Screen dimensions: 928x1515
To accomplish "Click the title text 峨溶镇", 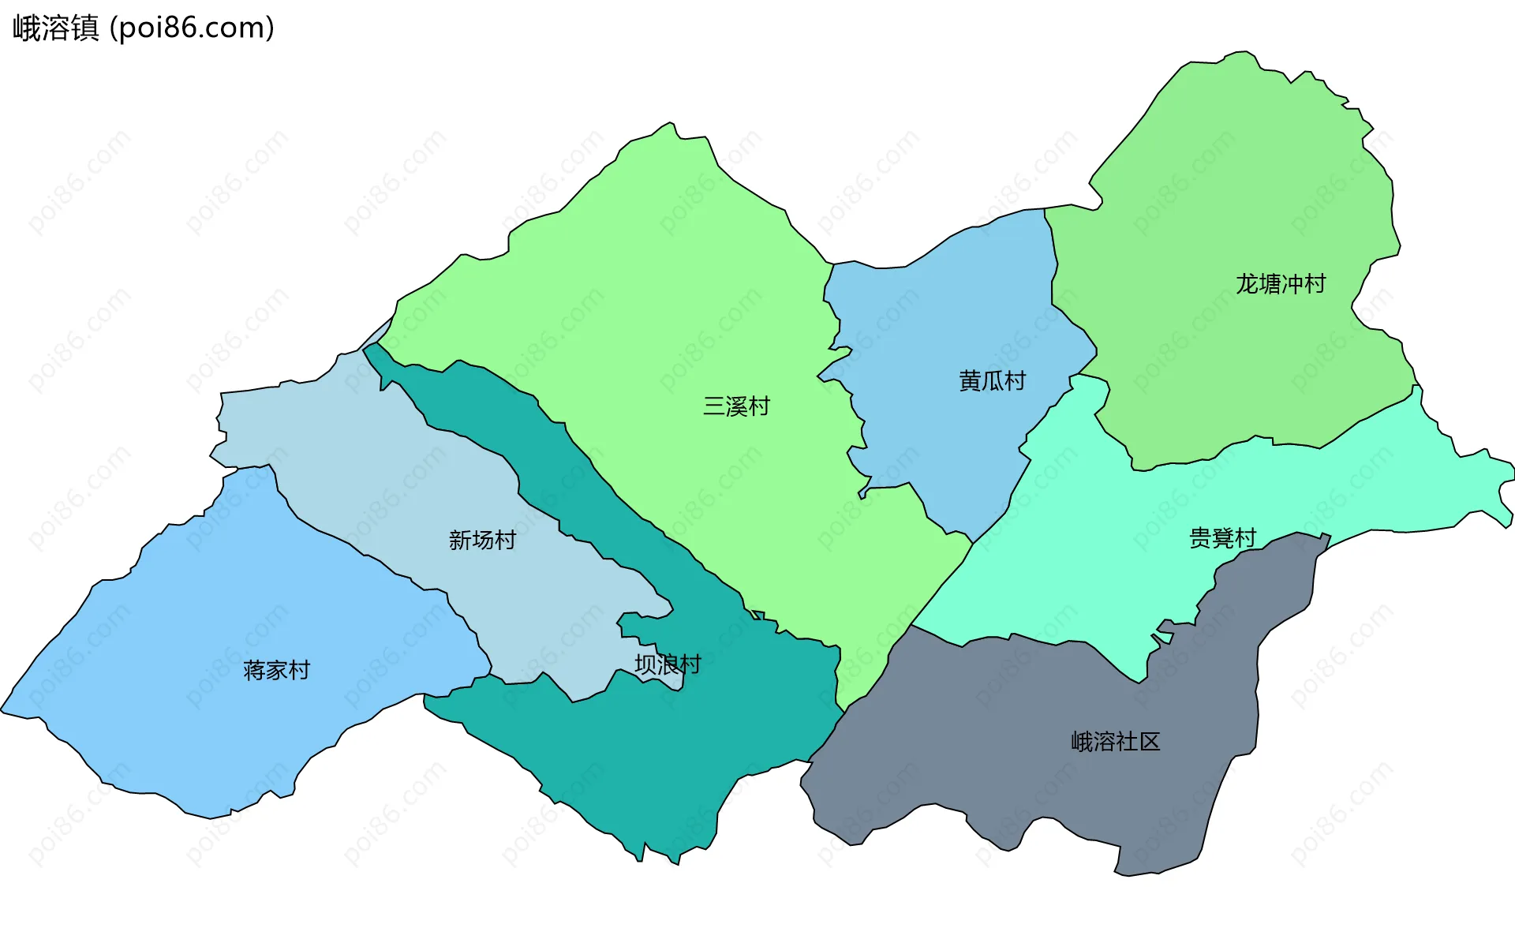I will click(x=55, y=28).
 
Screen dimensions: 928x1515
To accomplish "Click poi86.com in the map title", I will click(x=192, y=28).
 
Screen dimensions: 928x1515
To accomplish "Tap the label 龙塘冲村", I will click(x=1280, y=284).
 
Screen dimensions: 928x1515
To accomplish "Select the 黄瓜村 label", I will click(x=992, y=381).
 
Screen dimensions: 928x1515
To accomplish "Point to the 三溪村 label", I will click(x=736, y=406).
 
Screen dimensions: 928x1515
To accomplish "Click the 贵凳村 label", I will click(x=1222, y=538).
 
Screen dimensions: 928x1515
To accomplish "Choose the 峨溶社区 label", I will click(x=1115, y=742).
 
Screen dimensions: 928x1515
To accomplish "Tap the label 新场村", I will click(x=482, y=541).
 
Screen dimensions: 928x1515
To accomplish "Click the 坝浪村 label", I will click(x=668, y=664).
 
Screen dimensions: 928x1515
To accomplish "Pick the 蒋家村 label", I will click(x=276, y=671).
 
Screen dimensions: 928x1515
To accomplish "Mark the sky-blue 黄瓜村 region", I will click(x=947, y=316).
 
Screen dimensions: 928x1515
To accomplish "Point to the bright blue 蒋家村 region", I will click(x=197, y=616).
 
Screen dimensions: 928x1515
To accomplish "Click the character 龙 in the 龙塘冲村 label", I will click(x=1247, y=284).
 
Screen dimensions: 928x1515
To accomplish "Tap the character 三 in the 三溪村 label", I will click(x=713, y=406).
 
